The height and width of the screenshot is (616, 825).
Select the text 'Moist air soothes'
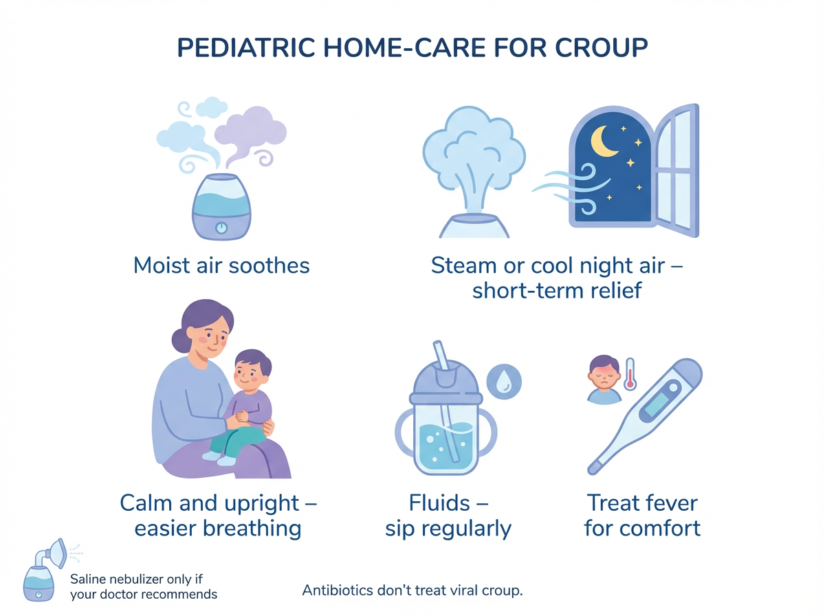[221, 265]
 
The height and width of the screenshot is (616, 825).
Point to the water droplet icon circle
[504, 381]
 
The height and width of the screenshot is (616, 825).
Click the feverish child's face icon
[604, 375]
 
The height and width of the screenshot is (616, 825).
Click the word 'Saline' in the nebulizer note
[87, 580]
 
